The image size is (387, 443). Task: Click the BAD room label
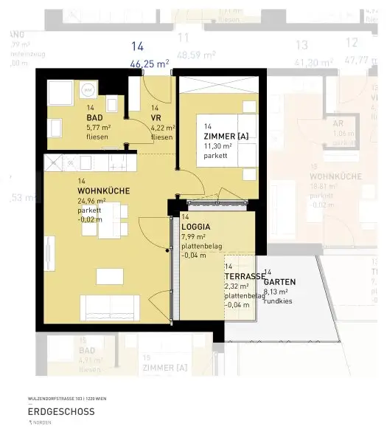point(95,118)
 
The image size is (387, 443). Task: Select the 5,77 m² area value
point(99,127)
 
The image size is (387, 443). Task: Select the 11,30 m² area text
point(219,145)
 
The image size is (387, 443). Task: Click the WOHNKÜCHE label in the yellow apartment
point(103,191)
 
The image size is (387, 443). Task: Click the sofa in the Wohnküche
point(109,306)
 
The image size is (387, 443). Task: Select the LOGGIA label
point(196,227)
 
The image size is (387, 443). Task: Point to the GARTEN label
point(280,282)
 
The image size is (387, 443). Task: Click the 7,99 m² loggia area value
point(193,237)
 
